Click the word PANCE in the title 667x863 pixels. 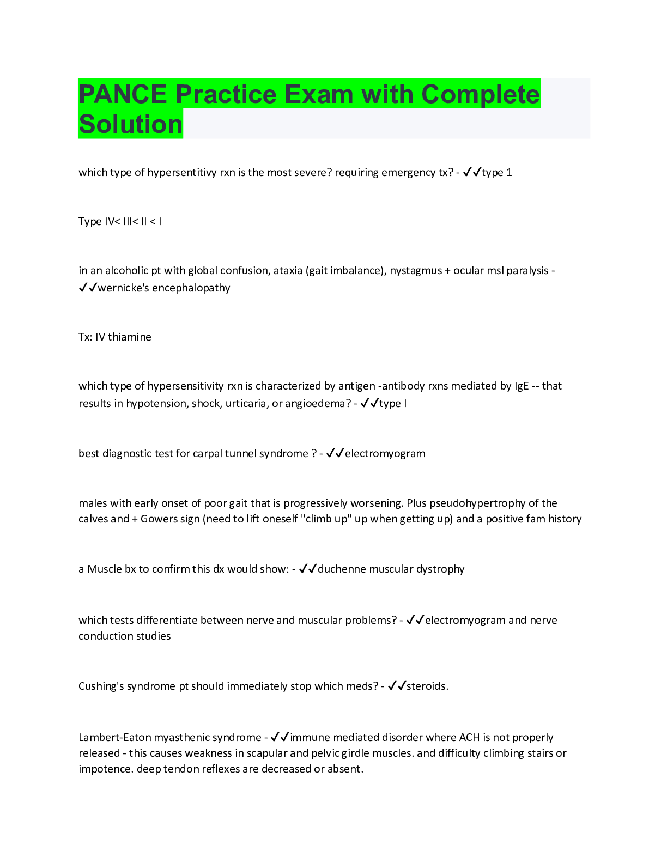tap(123, 94)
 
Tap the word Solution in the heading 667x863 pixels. tap(130, 124)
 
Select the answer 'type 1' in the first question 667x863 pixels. tap(496, 172)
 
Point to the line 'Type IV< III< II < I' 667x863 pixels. tap(120, 221)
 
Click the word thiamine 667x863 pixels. tap(130, 337)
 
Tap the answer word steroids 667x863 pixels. tap(427, 686)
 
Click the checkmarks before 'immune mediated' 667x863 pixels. tap(280, 737)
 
